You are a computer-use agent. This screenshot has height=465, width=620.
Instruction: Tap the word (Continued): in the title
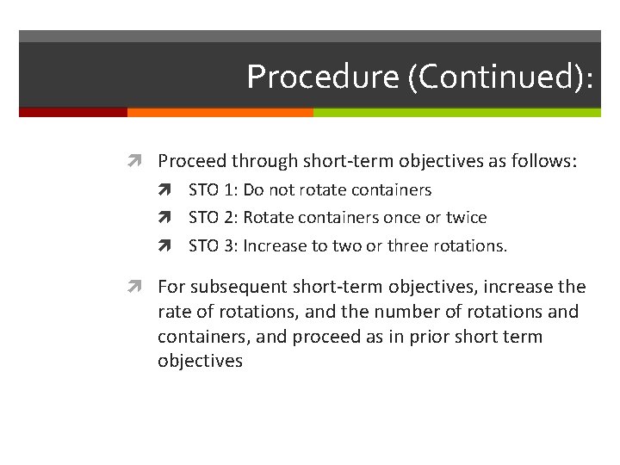[x=500, y=77]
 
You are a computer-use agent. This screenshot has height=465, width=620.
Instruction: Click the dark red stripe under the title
[x=73, y=112]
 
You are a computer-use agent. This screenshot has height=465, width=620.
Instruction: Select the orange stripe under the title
[x=220, y=112]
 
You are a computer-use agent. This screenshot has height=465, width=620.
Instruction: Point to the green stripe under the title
[x=456, y=112]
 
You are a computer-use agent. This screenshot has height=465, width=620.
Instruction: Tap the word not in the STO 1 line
[x=283, y=190]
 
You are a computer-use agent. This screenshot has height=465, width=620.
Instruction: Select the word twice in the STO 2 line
[x=466, y=218]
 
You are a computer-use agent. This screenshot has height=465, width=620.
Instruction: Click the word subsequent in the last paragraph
[x=238, y=287]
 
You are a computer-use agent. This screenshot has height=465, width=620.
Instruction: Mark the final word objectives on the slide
[x=200, y=361]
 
